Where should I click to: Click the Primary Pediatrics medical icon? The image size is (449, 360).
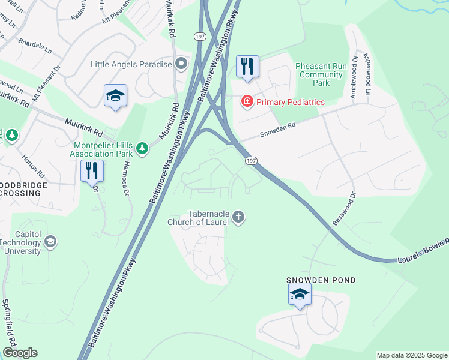coord(247,102)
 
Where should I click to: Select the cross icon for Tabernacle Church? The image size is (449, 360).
coord(238,217)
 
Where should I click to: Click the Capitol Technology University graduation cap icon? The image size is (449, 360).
coord(51,242)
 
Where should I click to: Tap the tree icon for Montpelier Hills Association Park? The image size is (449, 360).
coord(142,148)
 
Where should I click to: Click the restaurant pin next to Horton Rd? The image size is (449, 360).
coord(92,171)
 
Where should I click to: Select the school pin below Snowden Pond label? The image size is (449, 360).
coord(300,295)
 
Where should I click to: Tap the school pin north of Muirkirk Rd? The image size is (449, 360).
coord(115,96)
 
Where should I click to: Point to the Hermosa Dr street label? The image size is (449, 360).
coord(127,180)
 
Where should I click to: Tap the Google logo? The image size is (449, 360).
coord(20,353)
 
